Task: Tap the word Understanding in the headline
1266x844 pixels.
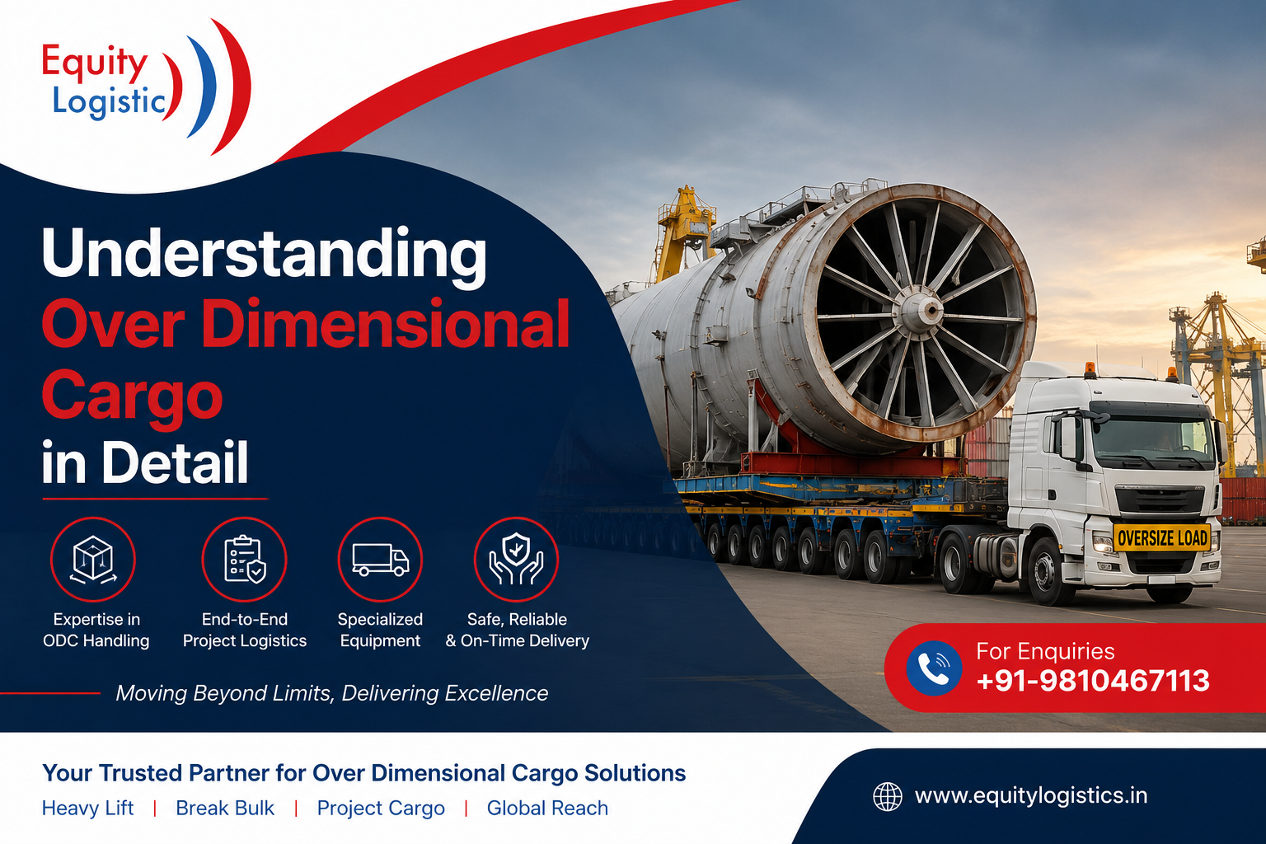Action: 264,254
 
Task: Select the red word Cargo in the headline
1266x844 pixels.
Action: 132,396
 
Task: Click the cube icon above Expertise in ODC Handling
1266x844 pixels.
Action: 93,559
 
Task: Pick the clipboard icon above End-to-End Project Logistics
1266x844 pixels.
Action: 244,559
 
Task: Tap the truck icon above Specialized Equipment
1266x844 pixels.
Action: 380,559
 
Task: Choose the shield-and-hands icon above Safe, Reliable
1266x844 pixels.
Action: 516,559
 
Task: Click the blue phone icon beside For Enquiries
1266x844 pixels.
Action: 934,668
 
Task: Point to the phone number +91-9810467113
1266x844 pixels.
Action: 1092,680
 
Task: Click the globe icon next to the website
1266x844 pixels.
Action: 888,796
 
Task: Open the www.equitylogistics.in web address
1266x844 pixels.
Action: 1031,796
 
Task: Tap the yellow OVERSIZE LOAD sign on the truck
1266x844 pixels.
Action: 1162,537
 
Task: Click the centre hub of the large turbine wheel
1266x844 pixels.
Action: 929,309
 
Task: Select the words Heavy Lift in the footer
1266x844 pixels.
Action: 87,808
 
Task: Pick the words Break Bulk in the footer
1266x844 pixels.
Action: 225,808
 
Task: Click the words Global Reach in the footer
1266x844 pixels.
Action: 547,808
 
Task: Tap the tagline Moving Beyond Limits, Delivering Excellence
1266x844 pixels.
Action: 332,693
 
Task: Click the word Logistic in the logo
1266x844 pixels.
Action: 109,102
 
